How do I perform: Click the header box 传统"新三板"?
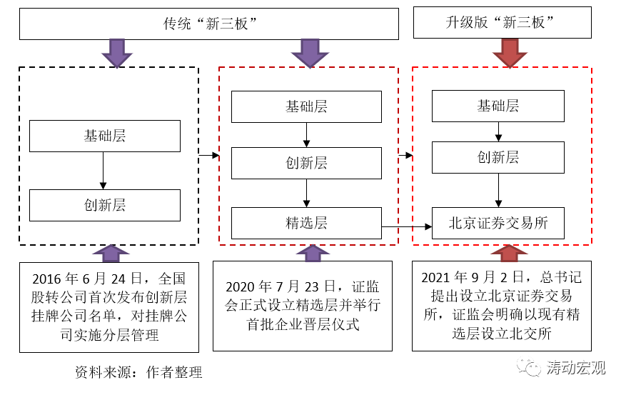coord(209,24)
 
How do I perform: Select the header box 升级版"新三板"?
coord(503,22)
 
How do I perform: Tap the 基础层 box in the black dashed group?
coord(104,136)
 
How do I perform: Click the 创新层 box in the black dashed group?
coord(104,206)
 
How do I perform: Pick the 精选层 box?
coord(306,223)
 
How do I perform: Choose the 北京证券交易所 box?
coord(498,223)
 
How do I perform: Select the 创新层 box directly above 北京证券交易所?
coord(498,158)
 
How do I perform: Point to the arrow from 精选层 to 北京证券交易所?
coord(407,227)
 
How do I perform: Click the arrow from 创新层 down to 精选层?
coord(306,192)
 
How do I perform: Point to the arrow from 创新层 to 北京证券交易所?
coord(498,191)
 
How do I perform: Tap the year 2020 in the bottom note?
coord(243,288)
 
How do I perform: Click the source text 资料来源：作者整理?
coord(138,372)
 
